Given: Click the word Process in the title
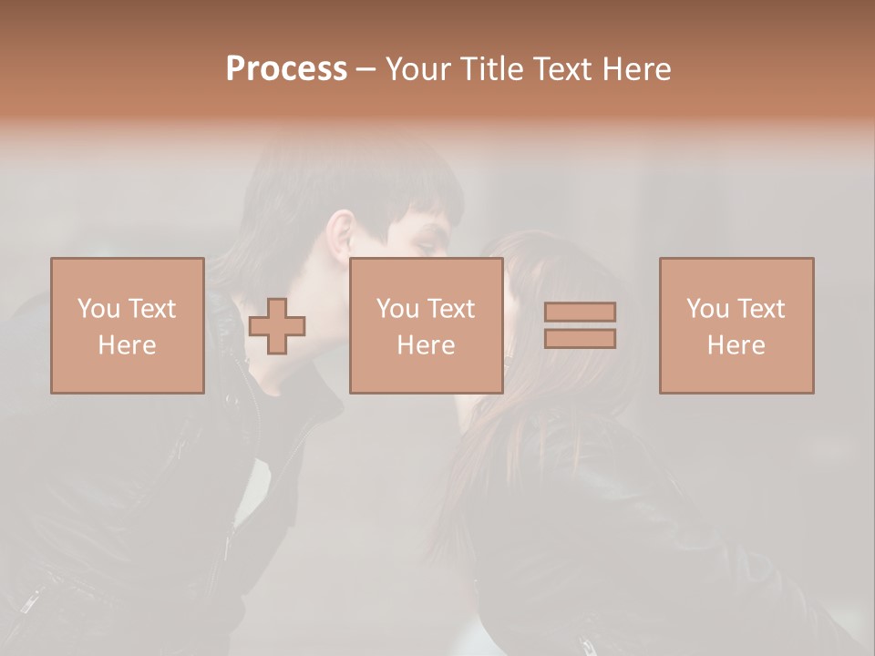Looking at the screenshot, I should [x=286, y=69].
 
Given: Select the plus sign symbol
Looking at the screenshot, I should [x=277, y=325].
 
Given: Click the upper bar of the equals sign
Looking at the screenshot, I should [x=580, y=312].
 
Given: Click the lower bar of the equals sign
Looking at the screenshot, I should [x=580, y=339].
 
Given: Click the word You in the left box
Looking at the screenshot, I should [x=97, y=309].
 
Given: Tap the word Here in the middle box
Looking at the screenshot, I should [x=426, y=345].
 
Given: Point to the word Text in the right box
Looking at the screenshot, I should [x=758, y=309].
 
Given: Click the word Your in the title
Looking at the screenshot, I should [x=417, y=69].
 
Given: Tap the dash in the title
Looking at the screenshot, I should [x=365, y=69].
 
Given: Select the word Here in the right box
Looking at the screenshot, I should [x=736, y=345].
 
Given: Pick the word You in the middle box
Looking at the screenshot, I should [x=396, y=309].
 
